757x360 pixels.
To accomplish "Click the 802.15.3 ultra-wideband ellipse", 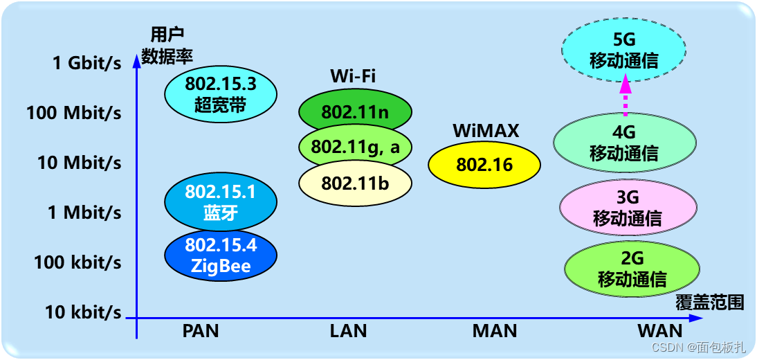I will click(x=221, y=95).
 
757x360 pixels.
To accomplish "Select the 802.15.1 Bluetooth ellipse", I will click(x=221, y=201).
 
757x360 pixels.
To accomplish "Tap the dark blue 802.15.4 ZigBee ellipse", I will click(x=221, y=255).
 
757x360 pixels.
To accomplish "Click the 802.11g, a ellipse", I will click(x=356, y=147).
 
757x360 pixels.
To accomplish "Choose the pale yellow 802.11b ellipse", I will click(x=356, y=183).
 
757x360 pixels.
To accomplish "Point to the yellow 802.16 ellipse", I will click(x=484, y=165).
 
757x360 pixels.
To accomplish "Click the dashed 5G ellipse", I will click(x=623, y=51).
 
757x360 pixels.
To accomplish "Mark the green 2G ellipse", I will click(x=632, y=269).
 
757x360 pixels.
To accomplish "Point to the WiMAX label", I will click(x=486, y=131).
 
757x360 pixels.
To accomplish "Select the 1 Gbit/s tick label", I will click(x=86, y=63).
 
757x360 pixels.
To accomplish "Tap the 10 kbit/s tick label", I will click(x=83, y=312).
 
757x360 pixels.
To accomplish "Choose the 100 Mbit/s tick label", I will click(x=74, y=112).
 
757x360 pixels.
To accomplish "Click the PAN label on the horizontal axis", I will click(x=201, y=331).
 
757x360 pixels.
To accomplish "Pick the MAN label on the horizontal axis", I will click(x=495, y=331).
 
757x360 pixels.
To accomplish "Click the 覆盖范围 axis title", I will click(x=710, y=303).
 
